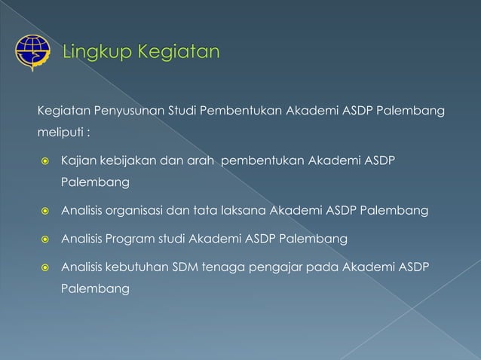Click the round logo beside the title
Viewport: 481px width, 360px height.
[32, 53]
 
